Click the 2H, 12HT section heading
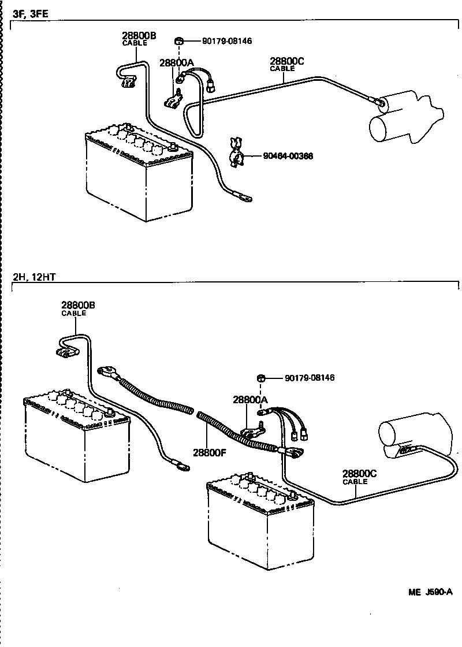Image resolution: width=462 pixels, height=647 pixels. click(34, 277)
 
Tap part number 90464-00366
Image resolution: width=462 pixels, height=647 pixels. click(288, 156)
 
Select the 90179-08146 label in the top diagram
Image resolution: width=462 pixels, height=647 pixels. click(227, 41)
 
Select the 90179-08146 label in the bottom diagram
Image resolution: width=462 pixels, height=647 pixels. click(310, 378)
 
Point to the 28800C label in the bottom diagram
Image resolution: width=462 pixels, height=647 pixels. click(359, 473)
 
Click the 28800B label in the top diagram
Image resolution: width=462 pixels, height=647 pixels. click(139, 36)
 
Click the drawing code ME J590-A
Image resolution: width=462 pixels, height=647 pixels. click(430, 592)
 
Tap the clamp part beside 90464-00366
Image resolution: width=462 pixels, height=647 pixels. click(236, 153)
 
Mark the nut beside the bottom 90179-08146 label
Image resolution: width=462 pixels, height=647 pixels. click(261, 378)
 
